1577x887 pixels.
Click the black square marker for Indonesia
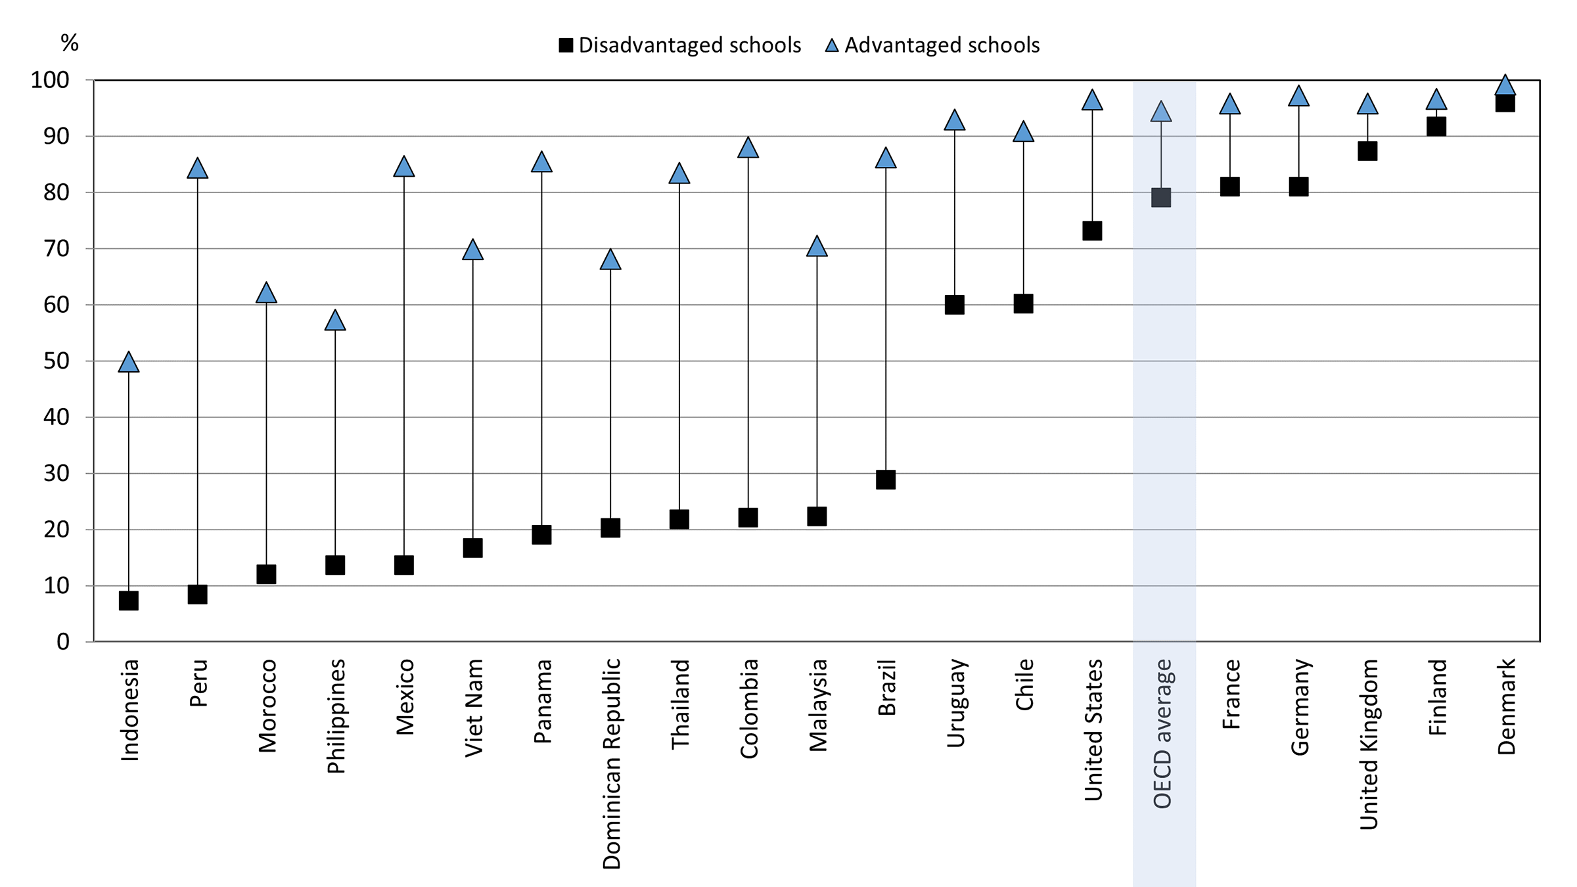tap(129, 601)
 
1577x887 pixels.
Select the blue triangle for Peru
tap(197, 169)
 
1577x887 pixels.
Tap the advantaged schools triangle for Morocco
tap(266, 293)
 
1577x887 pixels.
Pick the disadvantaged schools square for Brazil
tap(886, 480)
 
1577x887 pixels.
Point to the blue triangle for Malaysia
tap(817, 246)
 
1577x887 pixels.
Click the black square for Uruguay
tap(955, 305)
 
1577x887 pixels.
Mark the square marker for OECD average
tap(1161, 197)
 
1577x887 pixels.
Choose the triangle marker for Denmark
tap(1505, 86)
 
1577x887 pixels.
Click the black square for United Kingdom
tap(1367, 151)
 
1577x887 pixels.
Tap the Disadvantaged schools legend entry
tap(680, 45)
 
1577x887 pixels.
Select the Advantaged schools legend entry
tap(933, 45)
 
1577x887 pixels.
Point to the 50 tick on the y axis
tap(57, 361)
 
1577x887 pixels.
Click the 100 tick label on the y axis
tap(50, 80)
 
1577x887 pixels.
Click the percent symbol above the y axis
tap(70, 43)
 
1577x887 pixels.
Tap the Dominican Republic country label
tap(612, 763)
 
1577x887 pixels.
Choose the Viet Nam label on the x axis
tap(474, 708)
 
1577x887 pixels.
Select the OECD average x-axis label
tap(1162, 733)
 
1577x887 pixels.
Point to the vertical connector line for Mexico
tap(404, 368)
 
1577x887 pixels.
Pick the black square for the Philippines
tap(335, 565)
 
